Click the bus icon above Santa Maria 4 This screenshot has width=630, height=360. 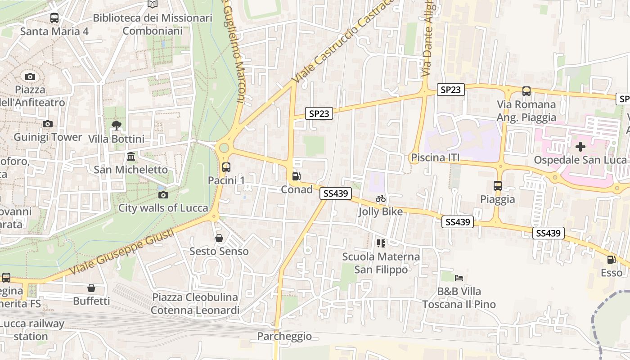[x=54, y=18]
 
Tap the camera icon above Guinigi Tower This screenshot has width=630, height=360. [x=47, y=124]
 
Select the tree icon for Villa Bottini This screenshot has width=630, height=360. [x=116, y=125]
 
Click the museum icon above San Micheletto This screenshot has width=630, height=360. [x=131, y=157]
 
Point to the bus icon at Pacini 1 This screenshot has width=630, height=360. [x=226, y=167]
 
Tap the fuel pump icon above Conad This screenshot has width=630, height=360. [x=296, y=176]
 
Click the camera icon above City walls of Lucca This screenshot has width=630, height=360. [x=163, y=195]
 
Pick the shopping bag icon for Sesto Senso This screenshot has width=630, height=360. [x=219, y=238]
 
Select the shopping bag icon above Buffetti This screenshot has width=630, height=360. [x=91, y=288]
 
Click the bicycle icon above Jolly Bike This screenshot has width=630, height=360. [x=381, y=198]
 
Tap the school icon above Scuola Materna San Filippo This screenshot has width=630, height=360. [x=381, y=243]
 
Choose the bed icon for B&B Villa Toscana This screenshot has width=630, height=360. [x=459, y=278]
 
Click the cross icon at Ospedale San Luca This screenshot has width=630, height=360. [x=580, y=146]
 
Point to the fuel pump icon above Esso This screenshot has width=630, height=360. [x=611, y=260]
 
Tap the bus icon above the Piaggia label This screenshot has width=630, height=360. [x=497, y=185]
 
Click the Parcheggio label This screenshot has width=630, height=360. [x=284, y=336]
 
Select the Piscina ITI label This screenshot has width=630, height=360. [x=435, y=158]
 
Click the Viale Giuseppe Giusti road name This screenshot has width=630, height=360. [x=122, y=252]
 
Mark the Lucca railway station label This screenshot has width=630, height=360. [x=31, y=330]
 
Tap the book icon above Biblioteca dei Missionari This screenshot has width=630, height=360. [x=153, y=4]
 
